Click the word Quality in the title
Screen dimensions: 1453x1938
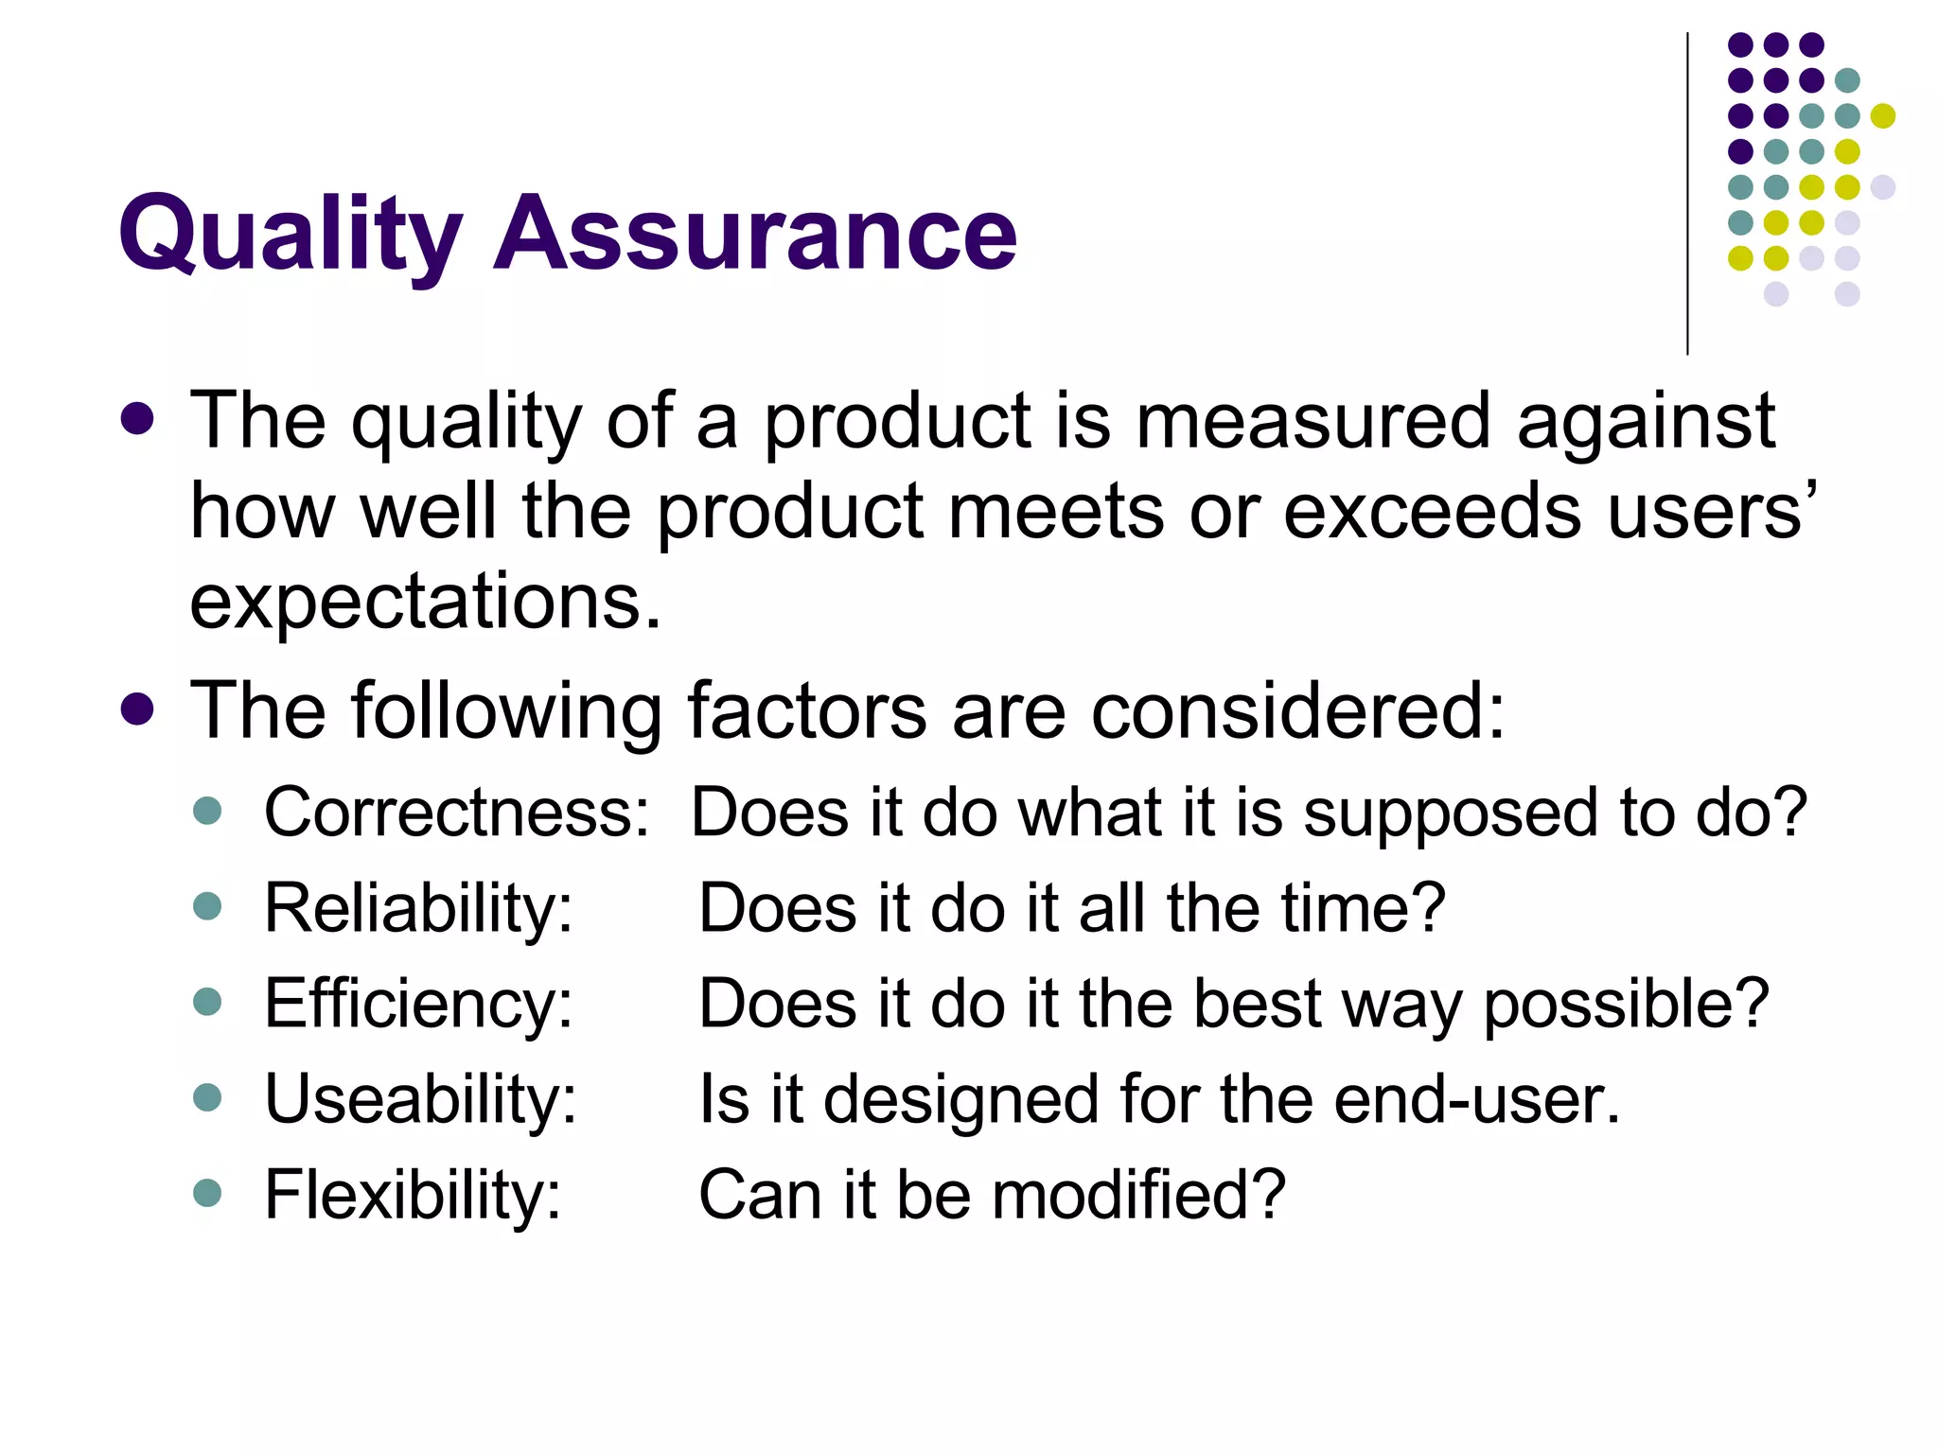coord(290,234)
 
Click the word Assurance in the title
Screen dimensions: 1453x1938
coord(755,234)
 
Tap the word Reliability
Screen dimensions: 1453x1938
coord(418,908)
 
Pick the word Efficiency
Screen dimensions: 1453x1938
coord(418,1005)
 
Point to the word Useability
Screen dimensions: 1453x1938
coord(420,1099)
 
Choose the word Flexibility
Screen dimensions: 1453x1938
coord(413,1195)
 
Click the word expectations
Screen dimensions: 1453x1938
coord(425,603)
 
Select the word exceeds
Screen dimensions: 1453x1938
coord(1433,512)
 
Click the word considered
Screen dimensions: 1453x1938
coord(1297,710)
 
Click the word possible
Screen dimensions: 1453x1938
coord(1626,1005)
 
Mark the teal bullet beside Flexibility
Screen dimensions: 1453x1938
coord(207,1192)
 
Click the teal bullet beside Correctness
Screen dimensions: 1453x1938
coord(207,811)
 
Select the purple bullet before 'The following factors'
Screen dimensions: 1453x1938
coord(138,709)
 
